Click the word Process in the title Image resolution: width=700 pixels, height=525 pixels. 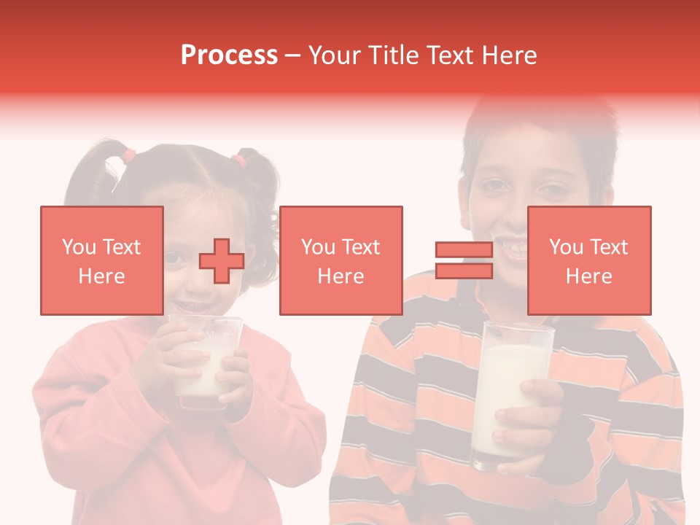coord(229,55)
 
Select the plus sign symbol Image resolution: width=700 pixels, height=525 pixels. coord(222,261)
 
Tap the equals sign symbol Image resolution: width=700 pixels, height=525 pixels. coord(464,261)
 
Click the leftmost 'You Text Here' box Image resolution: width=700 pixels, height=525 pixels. coord(101,260)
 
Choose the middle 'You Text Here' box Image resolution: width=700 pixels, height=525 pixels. coord(341,260)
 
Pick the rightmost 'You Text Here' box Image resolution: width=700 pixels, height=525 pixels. coord(588,260)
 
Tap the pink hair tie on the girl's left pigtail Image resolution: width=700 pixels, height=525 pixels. coord(128,155)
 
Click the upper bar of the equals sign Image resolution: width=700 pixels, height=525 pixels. coord(464,250)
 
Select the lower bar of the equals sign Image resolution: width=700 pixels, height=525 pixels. coord(464,271)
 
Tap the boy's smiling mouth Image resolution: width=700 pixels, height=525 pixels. coord(510,244)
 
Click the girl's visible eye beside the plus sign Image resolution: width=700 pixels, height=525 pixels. coord(174,257)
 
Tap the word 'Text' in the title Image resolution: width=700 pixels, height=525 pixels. coord(449,55)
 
